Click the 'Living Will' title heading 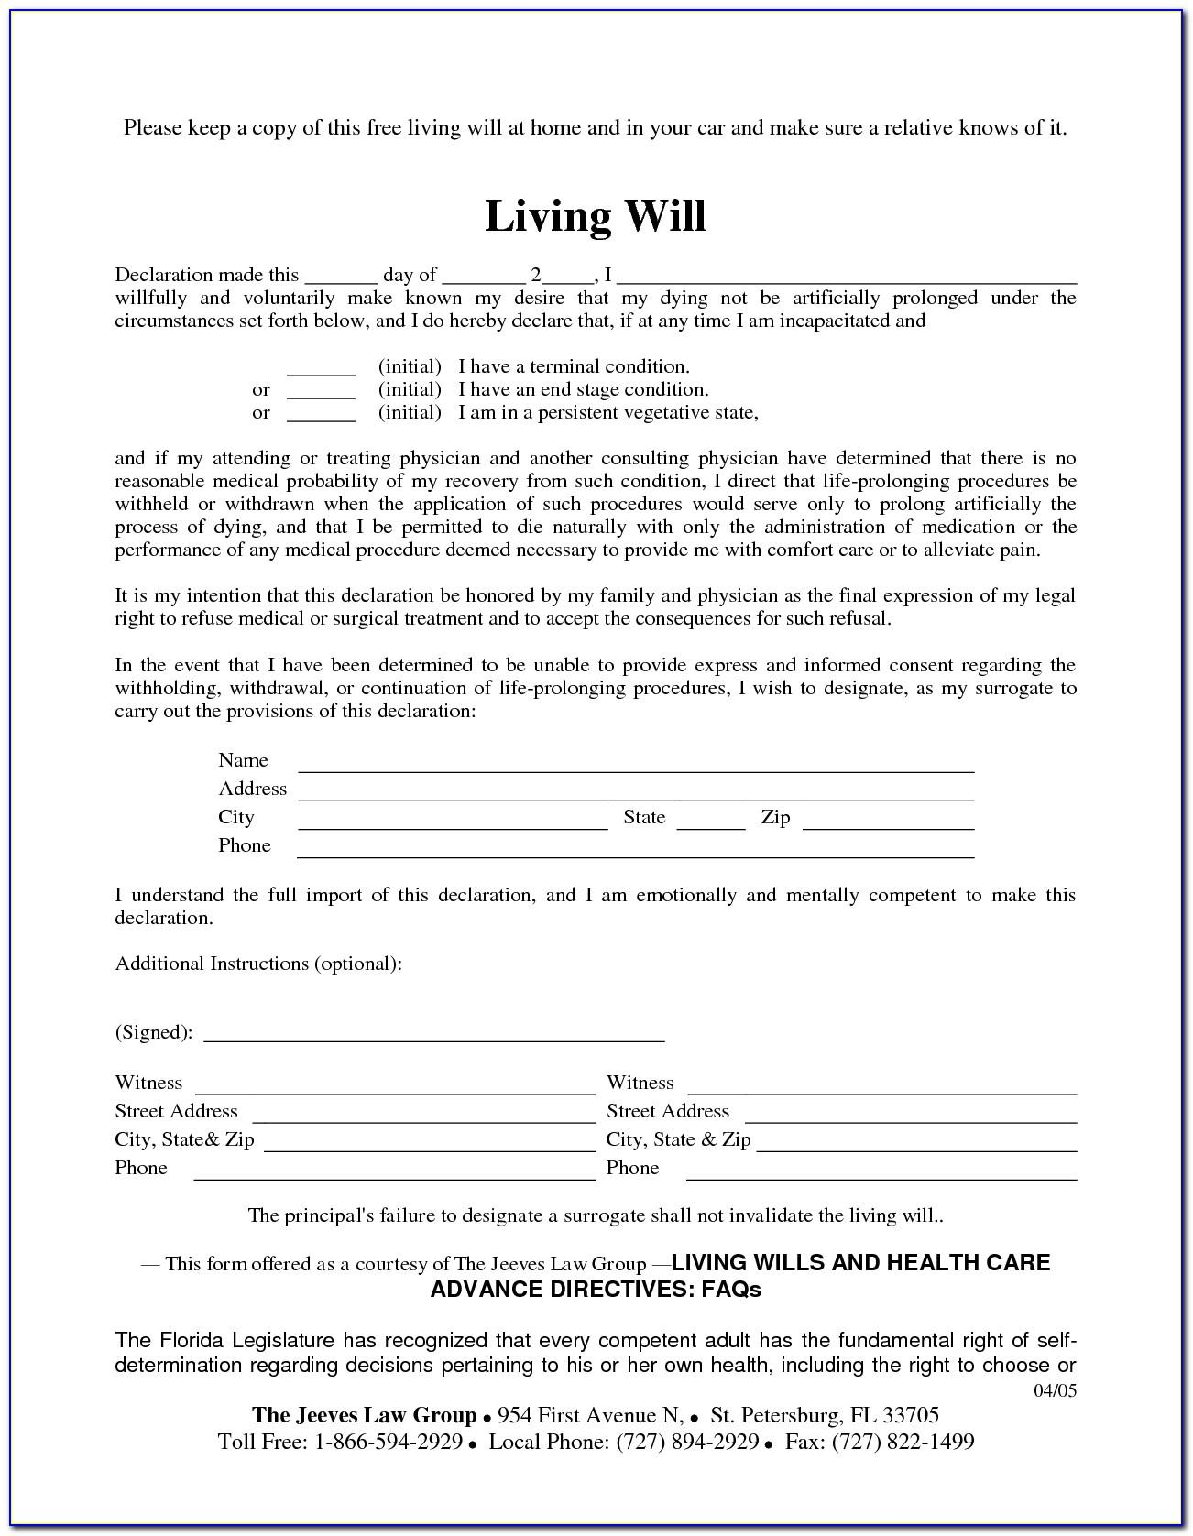pyautogui.click(x=596, y=217)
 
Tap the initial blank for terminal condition pyautogui.click(x=321, y=369)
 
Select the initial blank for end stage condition pyautogui.click(x=321, y=392)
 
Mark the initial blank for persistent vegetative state pyautogui.click(x=321, y=415)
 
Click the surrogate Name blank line pyautogui.click(x=636, y=766)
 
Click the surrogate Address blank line pyautogui.click(x=636, y=794)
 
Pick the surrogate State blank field pyautogui.click(x=711, y=822)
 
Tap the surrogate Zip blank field pyautogui.click(x=888, y=822)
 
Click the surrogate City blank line pyautogui.click(x=453, y=822)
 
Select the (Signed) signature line pyautogui.click(x=433, y=1036)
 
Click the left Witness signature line pyautogui.click(x=395, y=1088)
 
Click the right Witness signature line pyautogui.click(x=881, y=1088)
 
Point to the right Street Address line pyautogui.click(x=911, y=1117)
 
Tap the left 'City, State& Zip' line pyautogui.click(x=430, y=1145)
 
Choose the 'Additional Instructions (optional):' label pyautogui.click(x=258, y=964)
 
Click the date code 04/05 pyautogui.click(x=1056, y=1391)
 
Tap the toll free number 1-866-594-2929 pyautogui.click(x=389, y=1443)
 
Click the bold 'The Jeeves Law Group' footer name pyautogui.click(x=365, y=1415)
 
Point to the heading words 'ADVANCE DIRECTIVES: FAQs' pyautogui.click(x=596, y=1290)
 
